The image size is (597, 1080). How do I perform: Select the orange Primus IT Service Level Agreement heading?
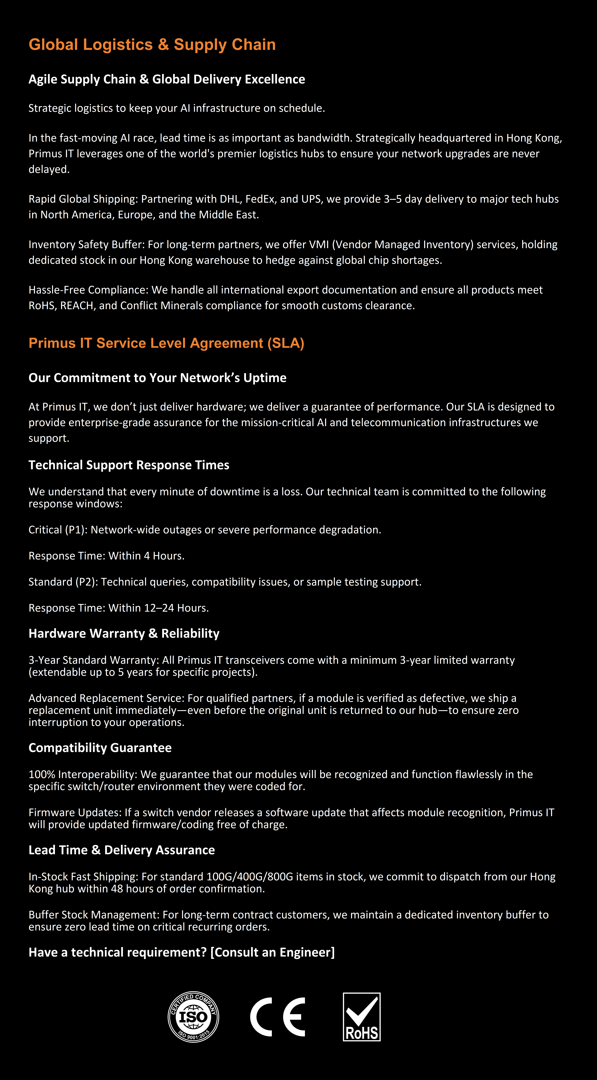click(x=166, y=343)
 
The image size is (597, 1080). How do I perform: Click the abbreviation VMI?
click(x=319, y=244)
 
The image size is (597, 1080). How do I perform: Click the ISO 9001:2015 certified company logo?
click(x=193, y=1017)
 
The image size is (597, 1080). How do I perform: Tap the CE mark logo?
click(x=278, y=1017)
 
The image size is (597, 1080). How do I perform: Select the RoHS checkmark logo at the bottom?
click(x=361, y=1017)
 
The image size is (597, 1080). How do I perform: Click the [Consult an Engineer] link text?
click(x=273, y=952)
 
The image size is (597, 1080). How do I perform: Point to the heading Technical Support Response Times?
click(x=129, y=465)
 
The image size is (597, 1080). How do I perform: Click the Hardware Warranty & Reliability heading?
click(x=124, y=633)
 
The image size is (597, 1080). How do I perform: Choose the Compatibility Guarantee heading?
click(x=100, y=747)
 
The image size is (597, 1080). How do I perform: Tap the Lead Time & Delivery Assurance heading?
click(x=122, y=850)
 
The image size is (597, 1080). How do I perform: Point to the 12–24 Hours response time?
click(x=176, y=608)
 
